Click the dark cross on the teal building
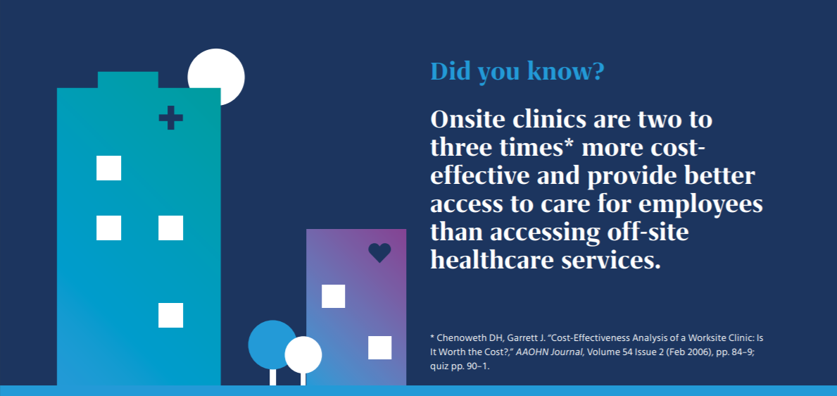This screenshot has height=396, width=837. tap(171, 118)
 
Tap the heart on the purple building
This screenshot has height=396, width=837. tap(379, 253)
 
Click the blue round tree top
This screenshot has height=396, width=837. tap(271, 344)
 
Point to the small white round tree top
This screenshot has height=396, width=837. tap(303, 355)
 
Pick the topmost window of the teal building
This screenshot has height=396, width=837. tap(109, 168)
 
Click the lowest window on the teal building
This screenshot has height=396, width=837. tap(171, 315)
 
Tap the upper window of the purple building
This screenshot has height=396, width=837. tap(333, 296)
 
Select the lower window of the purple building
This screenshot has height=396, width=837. tap(379, 347)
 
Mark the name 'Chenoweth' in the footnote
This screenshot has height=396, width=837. tap(460, 338)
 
